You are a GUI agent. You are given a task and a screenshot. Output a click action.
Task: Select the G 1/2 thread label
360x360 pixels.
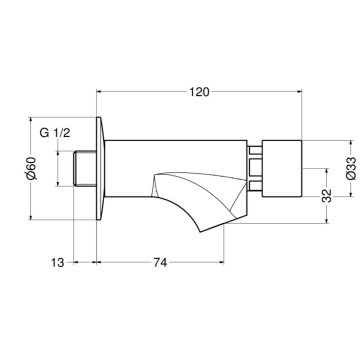click(x=57, y=132)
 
